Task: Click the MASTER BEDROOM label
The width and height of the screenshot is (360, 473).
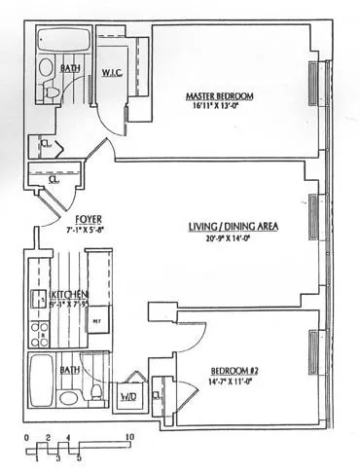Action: pyautogui.click(x=221, y=95)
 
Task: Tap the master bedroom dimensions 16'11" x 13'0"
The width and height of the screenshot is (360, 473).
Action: pyautogui.click(x=221, y=108)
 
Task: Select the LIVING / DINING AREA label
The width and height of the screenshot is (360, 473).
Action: pyautogui.click(x=234, y=226)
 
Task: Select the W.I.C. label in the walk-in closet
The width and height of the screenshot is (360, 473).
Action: pyautogui.click(x=113, y=73)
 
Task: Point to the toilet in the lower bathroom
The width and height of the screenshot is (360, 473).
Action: pyautogui.click(x=96, y=395)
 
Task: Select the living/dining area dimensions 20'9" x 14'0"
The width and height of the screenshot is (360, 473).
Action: pyautogui.click(x=234, y=238)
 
